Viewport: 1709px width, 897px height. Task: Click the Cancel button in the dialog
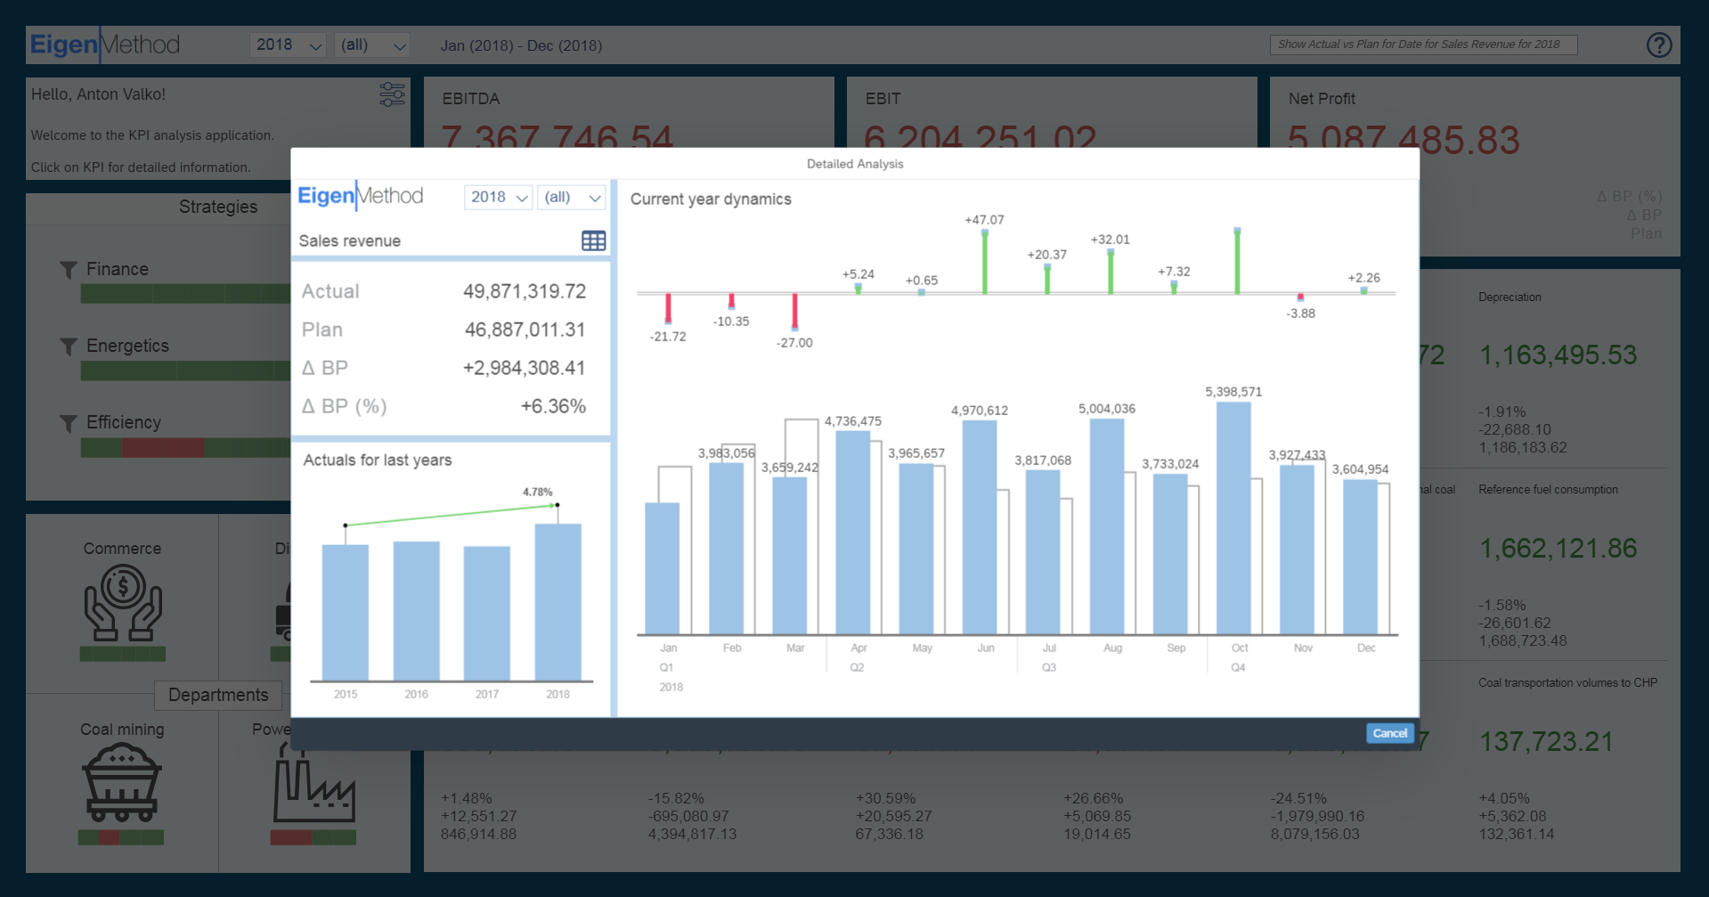1389,733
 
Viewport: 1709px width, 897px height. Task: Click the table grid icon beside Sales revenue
593,241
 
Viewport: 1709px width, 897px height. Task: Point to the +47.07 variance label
984,220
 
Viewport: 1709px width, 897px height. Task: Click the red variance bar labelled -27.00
794,312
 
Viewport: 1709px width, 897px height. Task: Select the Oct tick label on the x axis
1239,648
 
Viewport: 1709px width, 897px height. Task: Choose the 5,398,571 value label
1233,392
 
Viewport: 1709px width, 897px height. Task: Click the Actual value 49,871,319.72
524,291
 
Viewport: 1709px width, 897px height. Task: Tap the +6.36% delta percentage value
553,406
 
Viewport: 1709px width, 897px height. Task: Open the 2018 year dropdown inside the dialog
498,197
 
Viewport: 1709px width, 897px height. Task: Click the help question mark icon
1658,45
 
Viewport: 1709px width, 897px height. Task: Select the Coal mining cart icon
122,783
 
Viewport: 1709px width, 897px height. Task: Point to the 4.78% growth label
537,492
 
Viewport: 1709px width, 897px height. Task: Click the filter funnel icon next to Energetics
68,346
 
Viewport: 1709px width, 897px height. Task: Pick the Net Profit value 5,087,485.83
1404,140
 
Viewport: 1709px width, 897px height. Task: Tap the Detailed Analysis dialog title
854,164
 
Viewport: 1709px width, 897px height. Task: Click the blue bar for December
1360,557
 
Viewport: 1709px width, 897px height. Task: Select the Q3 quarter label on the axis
1048,667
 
